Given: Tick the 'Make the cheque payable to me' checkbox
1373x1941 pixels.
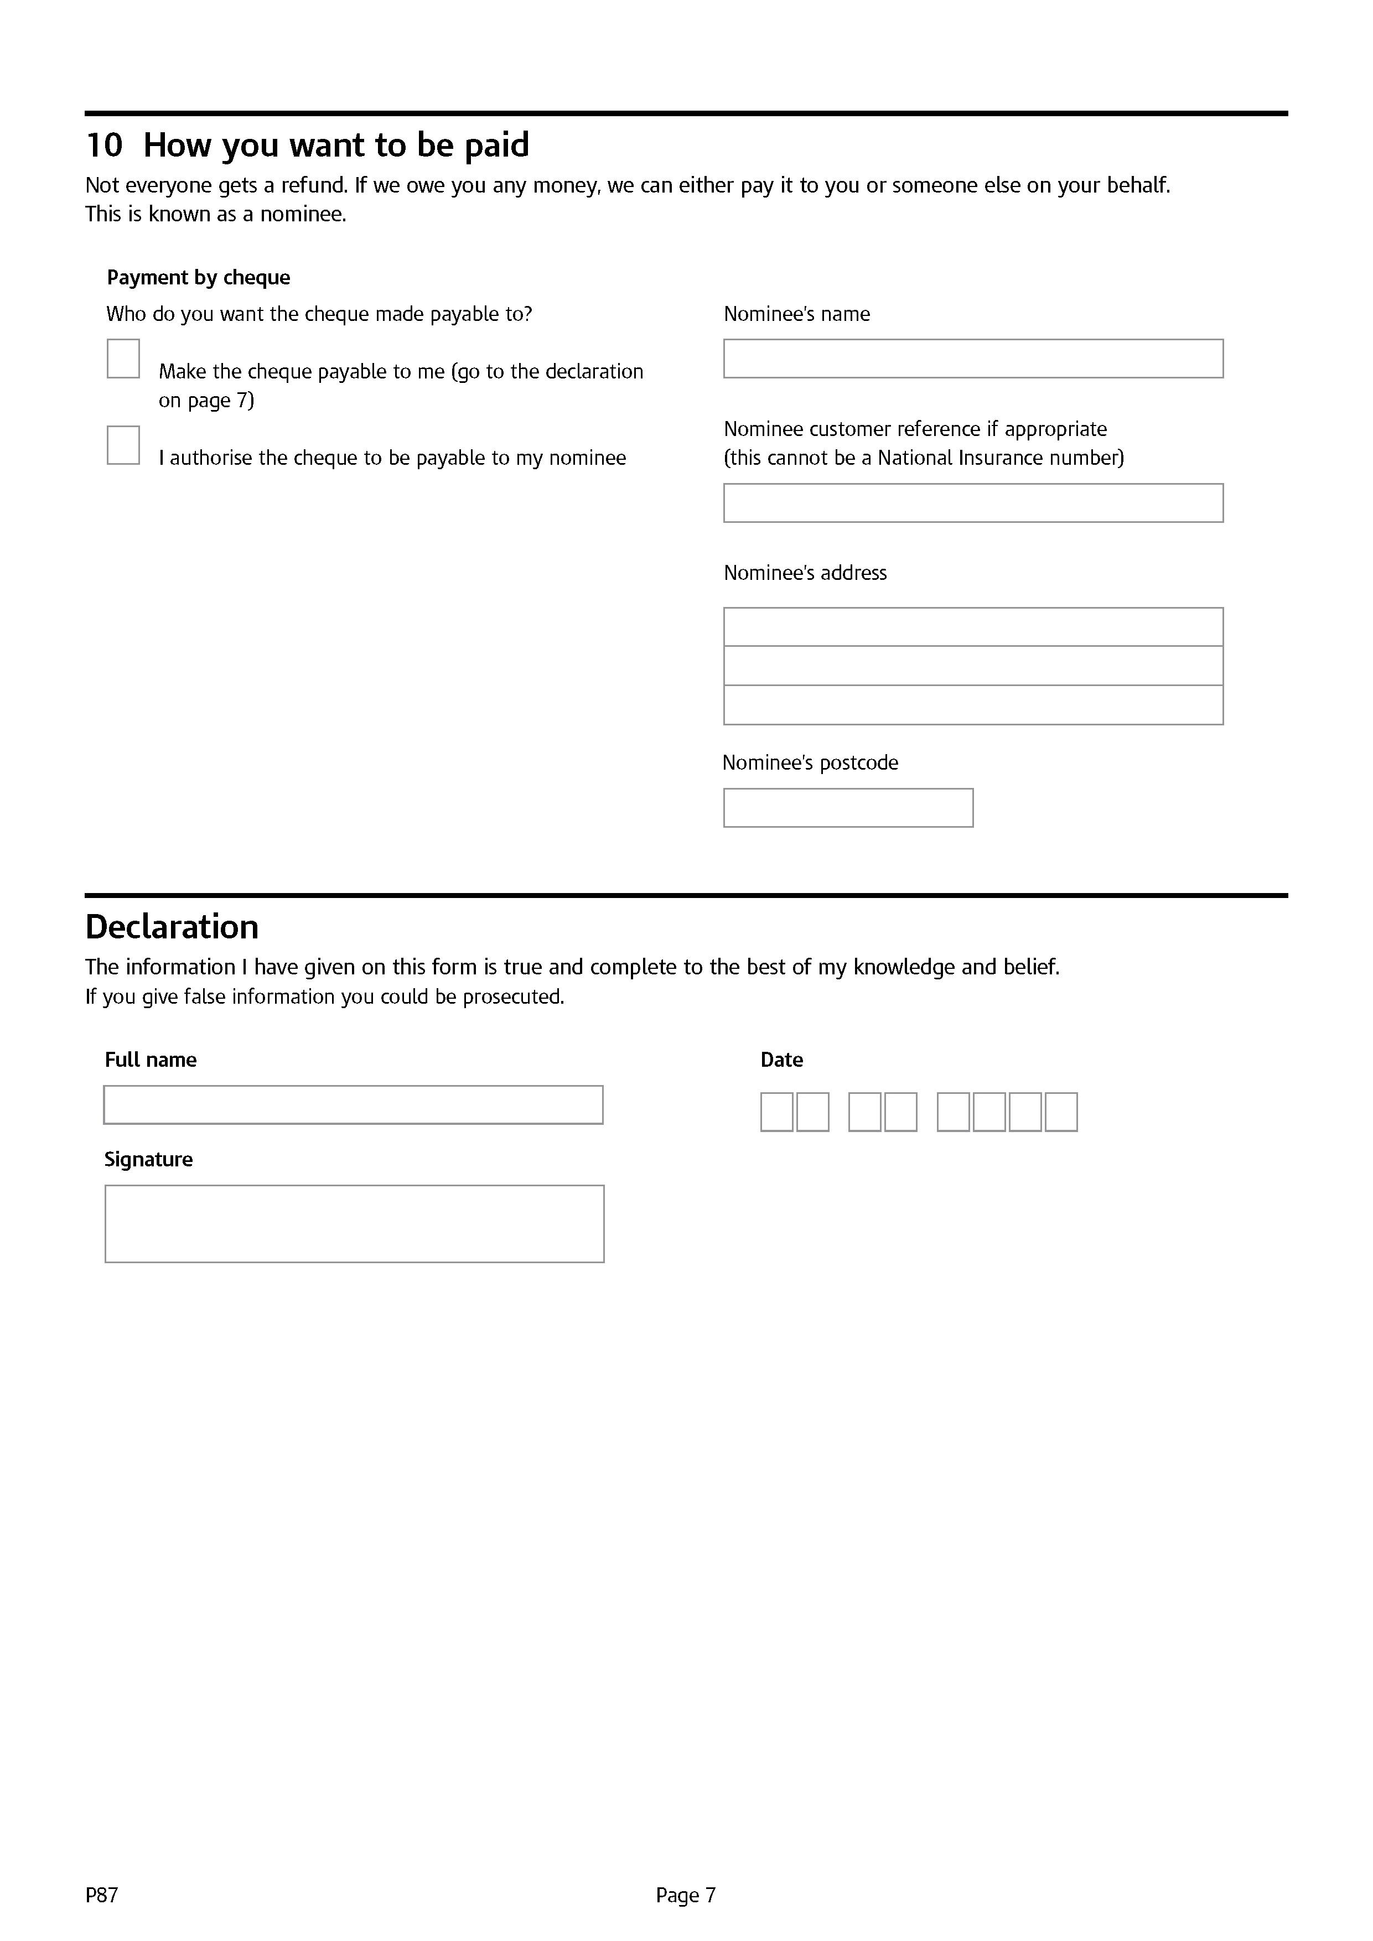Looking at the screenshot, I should tap(123, 359).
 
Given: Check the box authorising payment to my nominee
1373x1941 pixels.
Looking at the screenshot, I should tap(123, 445).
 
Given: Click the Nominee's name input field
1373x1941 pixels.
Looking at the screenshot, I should tap(973, 359).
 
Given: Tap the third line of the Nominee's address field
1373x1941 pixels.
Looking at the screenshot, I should tap(973, 705).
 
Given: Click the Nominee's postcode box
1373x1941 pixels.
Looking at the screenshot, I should tap(848, 808).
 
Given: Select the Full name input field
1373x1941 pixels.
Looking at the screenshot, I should tap(354, 1106).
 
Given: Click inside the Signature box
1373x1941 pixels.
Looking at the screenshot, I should tap(354, 1224).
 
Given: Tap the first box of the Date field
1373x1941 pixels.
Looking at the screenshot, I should tap(777, 1113).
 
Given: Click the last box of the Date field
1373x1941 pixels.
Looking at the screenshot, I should tap(1061, 1113).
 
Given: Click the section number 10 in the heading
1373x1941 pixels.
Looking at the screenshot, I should tap(104, 146).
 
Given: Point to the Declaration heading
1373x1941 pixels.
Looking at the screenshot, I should tap(173, 927).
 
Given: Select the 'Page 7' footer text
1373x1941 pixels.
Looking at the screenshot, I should tap(686, 1895).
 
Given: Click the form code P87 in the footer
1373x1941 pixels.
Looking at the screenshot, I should tap(101, 1895).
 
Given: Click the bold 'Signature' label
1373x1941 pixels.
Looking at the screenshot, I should tap(149, 1160).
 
